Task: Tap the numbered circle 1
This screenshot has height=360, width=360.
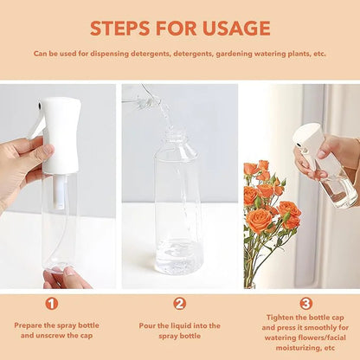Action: coord(52,304)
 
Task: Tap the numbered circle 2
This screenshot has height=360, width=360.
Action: coord(179,304)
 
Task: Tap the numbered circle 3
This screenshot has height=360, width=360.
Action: coord(305,304)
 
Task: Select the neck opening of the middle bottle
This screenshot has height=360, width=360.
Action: coord(177,135)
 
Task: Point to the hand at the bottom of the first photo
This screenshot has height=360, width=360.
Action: coord(66,279)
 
